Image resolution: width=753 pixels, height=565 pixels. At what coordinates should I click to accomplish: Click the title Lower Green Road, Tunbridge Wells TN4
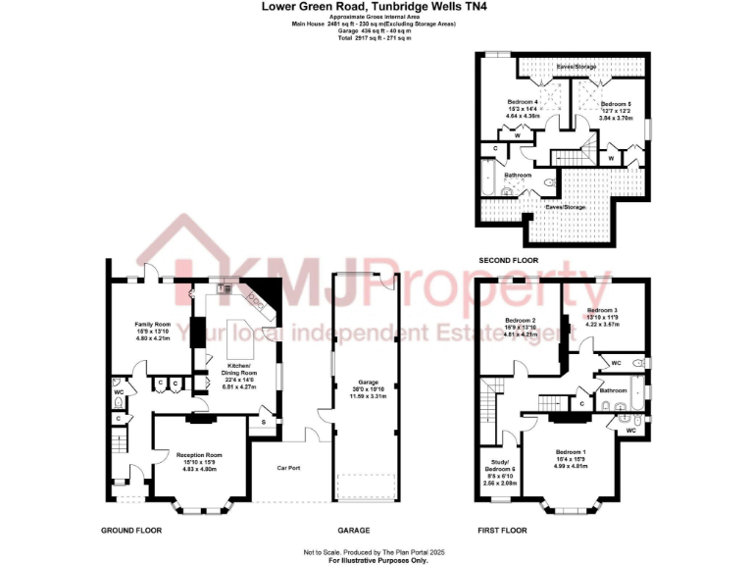(376, 6)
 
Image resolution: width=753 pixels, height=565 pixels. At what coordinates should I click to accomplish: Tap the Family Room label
(153, 324)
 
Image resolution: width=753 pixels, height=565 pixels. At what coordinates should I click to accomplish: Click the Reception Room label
(199, 455)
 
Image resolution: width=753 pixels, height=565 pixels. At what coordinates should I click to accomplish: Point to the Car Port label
(288, 468)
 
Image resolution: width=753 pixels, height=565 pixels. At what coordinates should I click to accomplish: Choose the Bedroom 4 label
(523, 102)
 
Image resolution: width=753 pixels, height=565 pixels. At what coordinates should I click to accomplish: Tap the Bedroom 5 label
(616, 104)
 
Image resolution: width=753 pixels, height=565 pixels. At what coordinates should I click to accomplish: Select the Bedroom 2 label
(521, 321)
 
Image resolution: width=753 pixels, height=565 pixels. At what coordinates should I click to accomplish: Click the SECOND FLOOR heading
(508, 261)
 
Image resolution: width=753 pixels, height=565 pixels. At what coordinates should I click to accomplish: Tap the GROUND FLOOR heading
(130, 530)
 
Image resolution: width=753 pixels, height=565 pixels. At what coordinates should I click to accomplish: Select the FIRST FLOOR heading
(503, 530)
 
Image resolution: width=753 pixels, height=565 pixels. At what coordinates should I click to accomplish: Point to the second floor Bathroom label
(518, 175)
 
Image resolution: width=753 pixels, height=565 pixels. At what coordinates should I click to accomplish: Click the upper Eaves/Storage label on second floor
(576, 67)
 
